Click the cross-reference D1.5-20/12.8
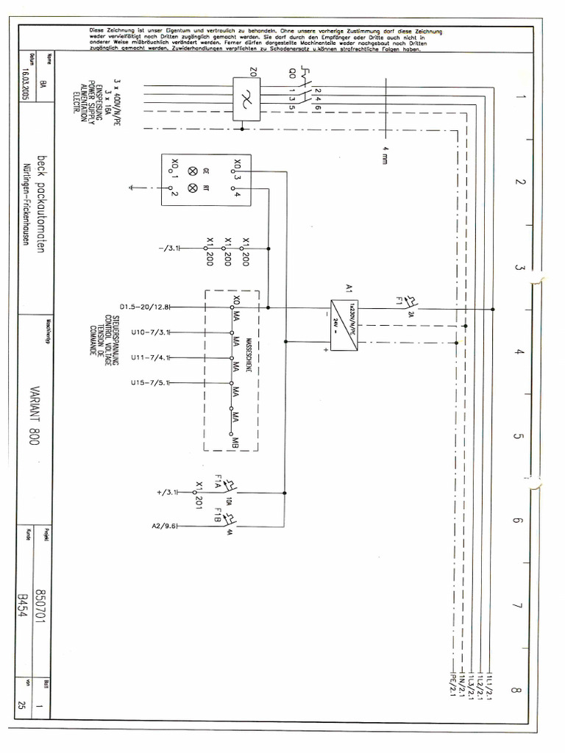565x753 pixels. [x=144, y=307]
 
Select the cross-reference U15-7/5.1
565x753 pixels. [x=150, y=383]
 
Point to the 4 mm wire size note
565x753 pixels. [x=384, y=157]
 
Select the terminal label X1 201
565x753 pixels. [x=199, y=494]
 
